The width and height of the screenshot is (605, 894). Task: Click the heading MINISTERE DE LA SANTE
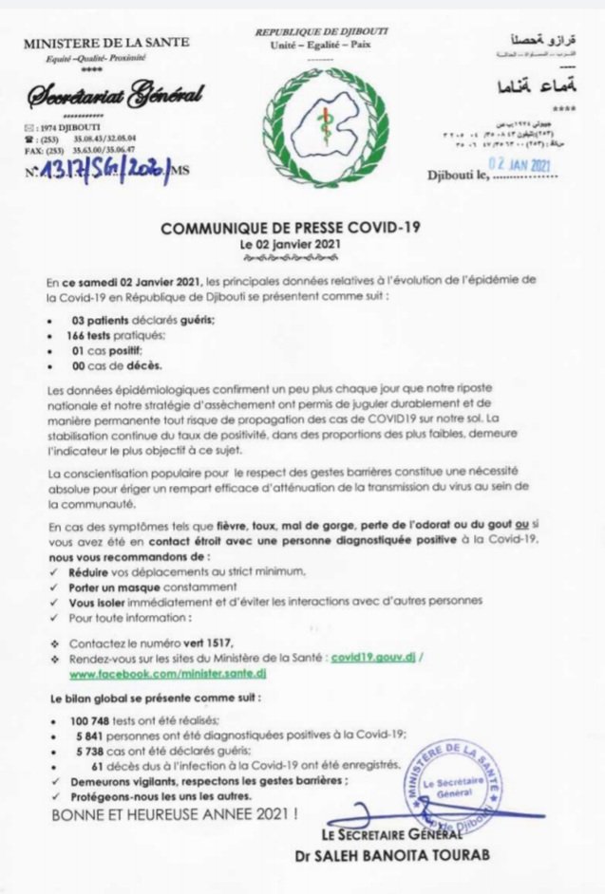point(105,42)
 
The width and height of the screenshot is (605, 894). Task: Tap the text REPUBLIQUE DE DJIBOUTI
point(321,32)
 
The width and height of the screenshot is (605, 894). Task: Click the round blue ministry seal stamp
point(460,782)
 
